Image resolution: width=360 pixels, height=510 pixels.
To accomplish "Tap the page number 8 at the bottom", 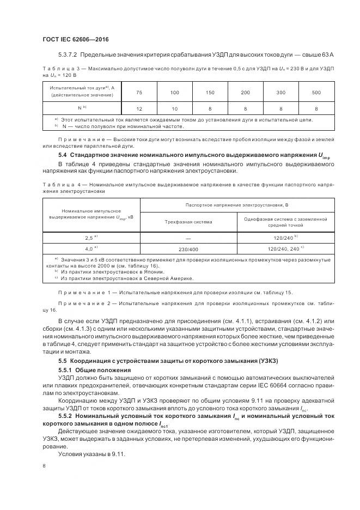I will pos(44,466).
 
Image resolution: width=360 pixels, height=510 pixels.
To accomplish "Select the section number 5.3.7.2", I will pos(70,55).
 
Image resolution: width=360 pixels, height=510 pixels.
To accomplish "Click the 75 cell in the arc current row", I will pos(139,92).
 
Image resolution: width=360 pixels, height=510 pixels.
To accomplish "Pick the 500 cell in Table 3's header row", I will pos(315,92).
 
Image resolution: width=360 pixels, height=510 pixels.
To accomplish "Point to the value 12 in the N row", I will pos(139,108).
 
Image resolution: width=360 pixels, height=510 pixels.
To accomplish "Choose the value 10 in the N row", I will pos(175,108).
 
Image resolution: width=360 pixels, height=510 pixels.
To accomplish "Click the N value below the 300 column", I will pos(280,108).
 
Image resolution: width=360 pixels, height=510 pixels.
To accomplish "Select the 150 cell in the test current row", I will pos(210,92).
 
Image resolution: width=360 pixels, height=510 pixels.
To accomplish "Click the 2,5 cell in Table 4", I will pos(91,238).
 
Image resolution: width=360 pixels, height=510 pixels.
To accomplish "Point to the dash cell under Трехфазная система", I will pos(188,238).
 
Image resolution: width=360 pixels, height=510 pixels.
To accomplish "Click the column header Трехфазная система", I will pos(188,222).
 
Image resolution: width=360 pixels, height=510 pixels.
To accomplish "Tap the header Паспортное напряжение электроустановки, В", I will pos(235,204).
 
